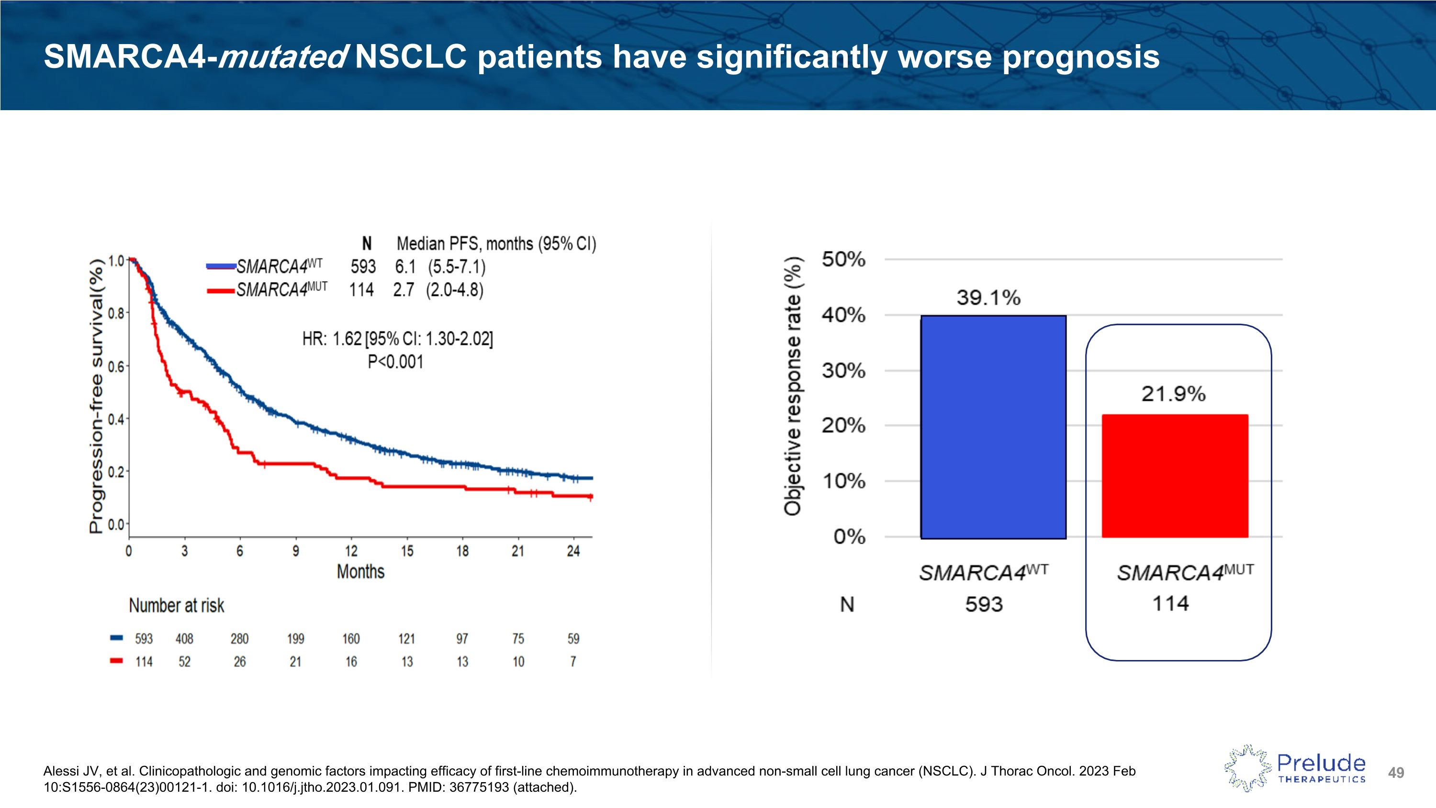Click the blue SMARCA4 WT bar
coord(993,427)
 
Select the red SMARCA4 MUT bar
coord(1175,476)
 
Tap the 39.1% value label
coord(988,298)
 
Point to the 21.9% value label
coord(1173,394)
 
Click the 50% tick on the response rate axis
coord(843,259)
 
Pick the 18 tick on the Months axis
coord(462,551)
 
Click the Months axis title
coord(360,571)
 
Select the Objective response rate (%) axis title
coord(792,386)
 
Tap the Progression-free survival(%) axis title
coord(96,396)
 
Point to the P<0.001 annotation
coord(395,362)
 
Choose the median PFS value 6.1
coord(405,267)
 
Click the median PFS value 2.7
coord(403,290)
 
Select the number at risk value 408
coord(184,638)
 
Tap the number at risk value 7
coord(573,662)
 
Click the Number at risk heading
coord(176,605)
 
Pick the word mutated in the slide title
coord(282,57)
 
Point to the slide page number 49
coord(1396,773)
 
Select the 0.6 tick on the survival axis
coord(116,366)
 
